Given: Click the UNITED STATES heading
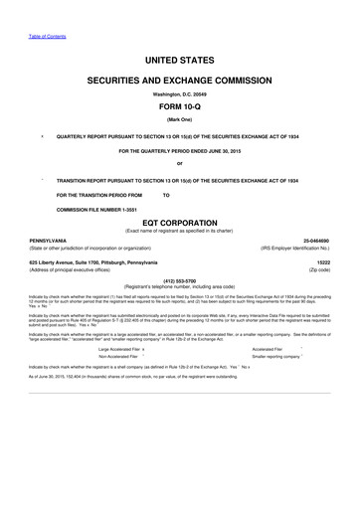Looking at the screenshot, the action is tap(179, 62).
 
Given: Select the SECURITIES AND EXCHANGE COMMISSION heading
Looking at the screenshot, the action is tap(179, 79).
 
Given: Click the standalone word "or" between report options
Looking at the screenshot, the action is tap(179, 163).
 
